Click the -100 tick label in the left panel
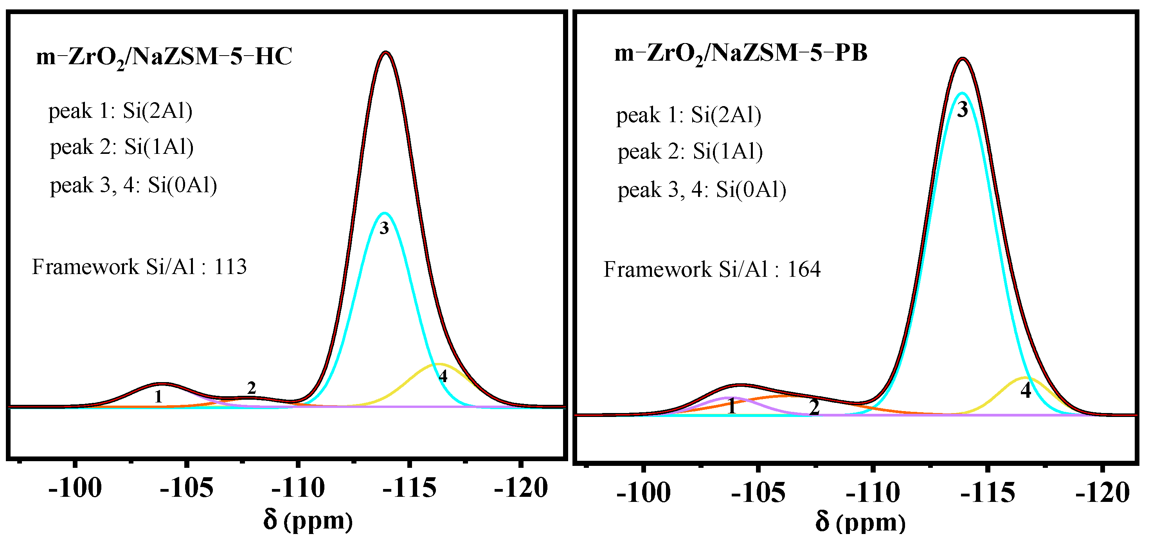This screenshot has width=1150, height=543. (x=75, y=488)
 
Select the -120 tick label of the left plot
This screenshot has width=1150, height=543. (x=520, y=488)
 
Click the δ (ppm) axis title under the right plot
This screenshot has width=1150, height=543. (x=860, y=522)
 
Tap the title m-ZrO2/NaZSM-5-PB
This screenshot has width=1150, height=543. (x=741, y=54)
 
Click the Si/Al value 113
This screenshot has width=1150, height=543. (x=230, y=267)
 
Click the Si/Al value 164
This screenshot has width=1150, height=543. (x=804, y=270)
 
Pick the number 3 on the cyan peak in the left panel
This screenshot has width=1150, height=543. (x=384, y=229)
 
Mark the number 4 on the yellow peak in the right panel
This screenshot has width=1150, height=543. (x=1026, y=390)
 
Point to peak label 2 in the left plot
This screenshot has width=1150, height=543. (x=251, y=388)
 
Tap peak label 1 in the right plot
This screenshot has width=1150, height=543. (x=731, y=407)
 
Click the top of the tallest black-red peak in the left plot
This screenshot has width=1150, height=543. (x=386, y=53)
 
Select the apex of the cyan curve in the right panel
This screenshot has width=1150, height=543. (x=962, y=93)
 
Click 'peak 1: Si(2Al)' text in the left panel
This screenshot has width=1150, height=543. (x=120, y=111)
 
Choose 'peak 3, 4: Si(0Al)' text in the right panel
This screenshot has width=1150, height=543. (x=701, y=190)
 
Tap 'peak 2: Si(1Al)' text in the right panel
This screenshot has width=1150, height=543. (x=690, y=152)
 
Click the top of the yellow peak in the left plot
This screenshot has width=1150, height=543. (x=439, y=364)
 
